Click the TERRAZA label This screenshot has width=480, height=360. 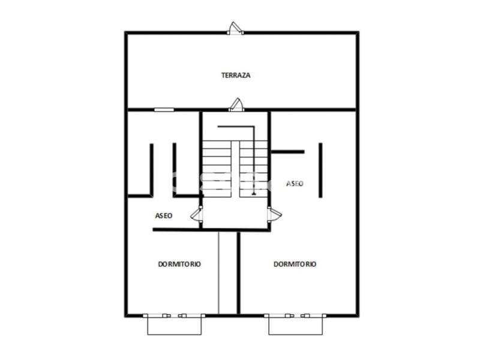(236, 75)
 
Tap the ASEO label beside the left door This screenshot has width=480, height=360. (164, 215)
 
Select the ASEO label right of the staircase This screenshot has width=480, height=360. (295, 184)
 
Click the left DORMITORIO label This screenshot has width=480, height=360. (179, 264)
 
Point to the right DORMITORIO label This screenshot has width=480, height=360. (295, 264)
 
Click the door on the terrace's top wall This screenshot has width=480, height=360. (235, 28)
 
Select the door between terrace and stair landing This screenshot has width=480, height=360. (236, 104)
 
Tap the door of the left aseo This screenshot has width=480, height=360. (197, 214)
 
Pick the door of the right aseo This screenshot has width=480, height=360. (274, 214)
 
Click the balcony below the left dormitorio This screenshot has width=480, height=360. (175, 326)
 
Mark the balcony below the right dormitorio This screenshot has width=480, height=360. (295, 326)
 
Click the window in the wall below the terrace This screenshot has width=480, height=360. (164, 110)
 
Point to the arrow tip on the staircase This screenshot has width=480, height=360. (253, 193)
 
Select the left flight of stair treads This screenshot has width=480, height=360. (217, 169)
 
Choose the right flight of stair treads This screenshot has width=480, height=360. (253, 169)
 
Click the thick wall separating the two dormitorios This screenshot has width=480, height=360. (238, 273)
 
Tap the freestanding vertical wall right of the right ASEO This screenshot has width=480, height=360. (320, 170)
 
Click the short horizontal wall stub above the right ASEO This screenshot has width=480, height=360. (288, 152)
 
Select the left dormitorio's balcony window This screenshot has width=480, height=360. (174, 316)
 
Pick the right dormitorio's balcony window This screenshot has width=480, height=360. (295, 316)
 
